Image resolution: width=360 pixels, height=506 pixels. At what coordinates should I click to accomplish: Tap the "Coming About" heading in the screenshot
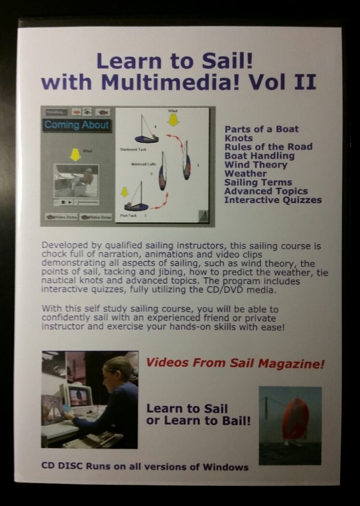(x=77, y=125)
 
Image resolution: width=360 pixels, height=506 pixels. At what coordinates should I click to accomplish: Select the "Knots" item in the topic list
(x=239, y=138)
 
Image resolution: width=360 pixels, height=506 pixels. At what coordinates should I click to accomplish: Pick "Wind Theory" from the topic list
(x=255, y=165)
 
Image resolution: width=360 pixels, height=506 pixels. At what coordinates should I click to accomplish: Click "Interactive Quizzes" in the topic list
(x=273, y=200)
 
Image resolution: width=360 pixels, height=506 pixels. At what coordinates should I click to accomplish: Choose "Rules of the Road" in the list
(x=268, y=147)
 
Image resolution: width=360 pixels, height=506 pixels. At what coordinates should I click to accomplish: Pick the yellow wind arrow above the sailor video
(x=75, y=156)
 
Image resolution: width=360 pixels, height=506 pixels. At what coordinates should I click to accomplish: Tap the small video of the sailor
(x=76, y=181)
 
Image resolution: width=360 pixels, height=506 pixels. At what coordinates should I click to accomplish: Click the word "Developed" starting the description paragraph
(x=62, y=246)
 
